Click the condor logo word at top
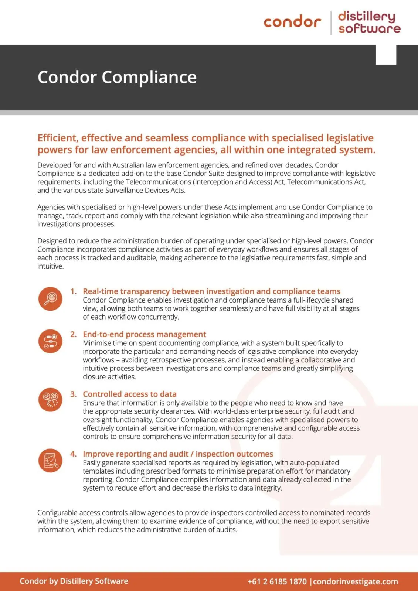coord(292,22)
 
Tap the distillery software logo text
coord(369,22)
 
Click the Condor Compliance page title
coord(117,77)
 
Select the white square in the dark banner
coord(386,55)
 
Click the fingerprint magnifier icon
coord(50,299)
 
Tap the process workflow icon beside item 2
coord(50,341)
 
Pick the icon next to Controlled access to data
coord(50,400)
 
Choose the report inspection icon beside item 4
coord(50,460)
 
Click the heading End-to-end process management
coord(144,334)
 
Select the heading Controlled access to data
coord(129,394)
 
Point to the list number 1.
coord(74,291)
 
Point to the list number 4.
coord(74,454)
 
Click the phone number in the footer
coord(277,581)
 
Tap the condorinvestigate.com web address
coord(356,581)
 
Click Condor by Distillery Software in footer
coord(74,581)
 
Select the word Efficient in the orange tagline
coord(57,138)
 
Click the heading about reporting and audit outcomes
coord(178,454)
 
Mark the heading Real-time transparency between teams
coord(211,291)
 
